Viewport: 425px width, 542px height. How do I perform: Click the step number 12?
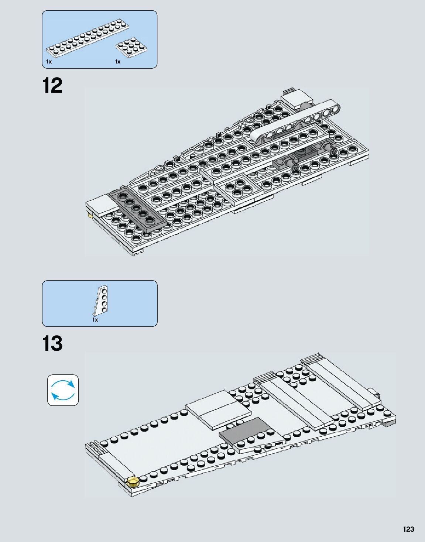point(53,86)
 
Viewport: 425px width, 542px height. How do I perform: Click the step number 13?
point(53,344)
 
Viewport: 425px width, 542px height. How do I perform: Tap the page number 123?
point(408,529)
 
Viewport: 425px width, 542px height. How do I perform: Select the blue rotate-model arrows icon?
point(63,390)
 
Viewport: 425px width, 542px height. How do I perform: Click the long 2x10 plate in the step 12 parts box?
point(88,38)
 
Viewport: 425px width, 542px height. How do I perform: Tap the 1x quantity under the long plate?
point(49,62)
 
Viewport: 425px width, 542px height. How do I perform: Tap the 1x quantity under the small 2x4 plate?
point(118,62)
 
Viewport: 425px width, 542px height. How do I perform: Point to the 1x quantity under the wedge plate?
point(95,320)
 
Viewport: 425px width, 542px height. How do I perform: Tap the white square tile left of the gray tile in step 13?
point(219,409)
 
